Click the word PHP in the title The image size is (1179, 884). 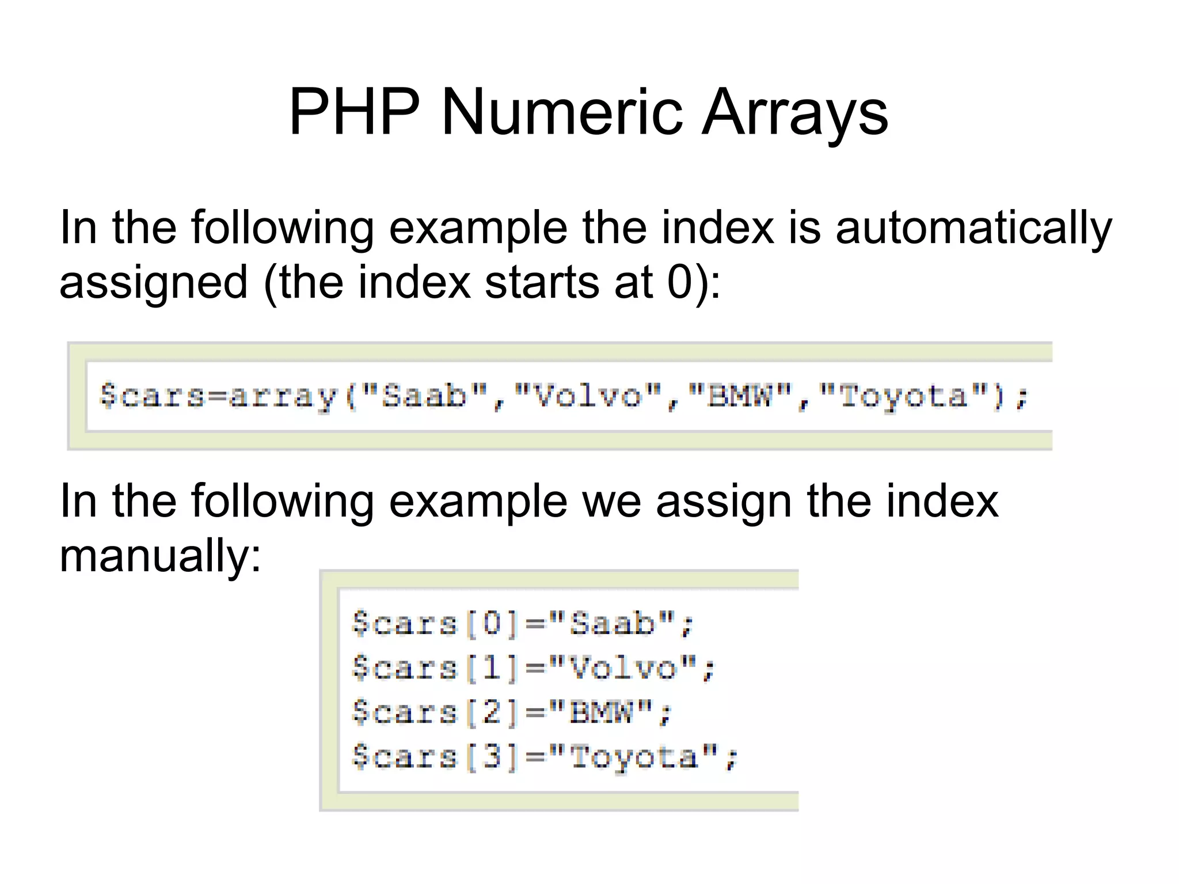[x=355, y=112]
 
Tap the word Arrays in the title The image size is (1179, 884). [x=794, y=112]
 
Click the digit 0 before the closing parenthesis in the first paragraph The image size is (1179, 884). [x=679, y=282]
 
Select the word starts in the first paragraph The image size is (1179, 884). [x=542, y=283]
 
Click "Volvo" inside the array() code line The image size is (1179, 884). [x=588, y=396]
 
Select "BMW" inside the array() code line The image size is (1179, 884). [x=740, y=396]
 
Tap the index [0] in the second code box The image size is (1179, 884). [x=492, y=624]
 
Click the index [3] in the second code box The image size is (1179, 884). [x=492, y=757]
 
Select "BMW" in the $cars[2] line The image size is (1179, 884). [x=601, y=712]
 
